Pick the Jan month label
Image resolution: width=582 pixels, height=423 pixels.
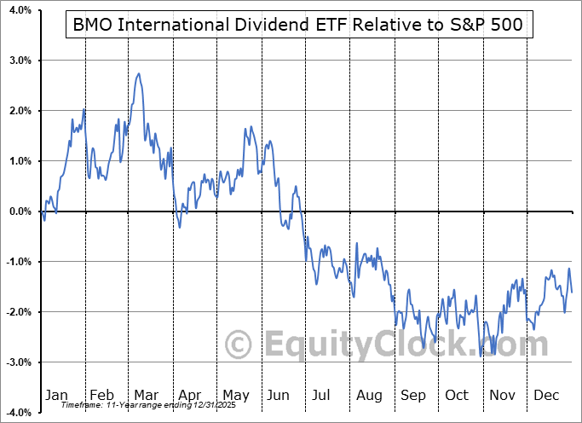55,395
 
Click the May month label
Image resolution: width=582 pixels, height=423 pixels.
236,395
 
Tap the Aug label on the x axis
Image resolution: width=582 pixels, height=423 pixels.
371,395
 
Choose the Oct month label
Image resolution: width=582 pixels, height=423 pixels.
458,395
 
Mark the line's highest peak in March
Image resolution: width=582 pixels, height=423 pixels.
139,74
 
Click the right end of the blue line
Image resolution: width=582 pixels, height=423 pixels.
571,292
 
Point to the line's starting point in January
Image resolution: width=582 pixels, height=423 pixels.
40,211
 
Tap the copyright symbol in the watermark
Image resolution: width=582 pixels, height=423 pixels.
239,345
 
